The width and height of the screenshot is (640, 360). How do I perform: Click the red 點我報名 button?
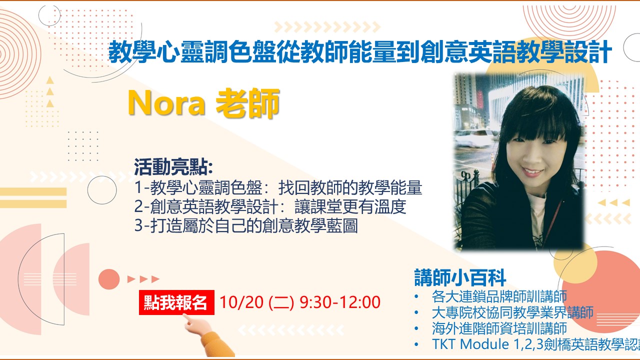tap(176, 302)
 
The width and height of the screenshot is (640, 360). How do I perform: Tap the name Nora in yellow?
tap(166, 103)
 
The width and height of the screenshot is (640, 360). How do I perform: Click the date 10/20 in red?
tap(241, 302)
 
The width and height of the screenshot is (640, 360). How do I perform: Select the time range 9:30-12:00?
tap(340, 302)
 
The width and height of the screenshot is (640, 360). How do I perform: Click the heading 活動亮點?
tap(173, 167)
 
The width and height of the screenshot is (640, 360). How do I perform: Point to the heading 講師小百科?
tap(460, 277)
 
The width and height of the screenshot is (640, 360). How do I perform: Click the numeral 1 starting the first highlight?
tap(138, 187)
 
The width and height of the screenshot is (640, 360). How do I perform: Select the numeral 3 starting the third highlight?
tap(138, 225)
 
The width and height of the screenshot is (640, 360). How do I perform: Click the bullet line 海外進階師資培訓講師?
tap(499, 328)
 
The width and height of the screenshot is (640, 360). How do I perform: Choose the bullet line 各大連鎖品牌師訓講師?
tap(499, 296)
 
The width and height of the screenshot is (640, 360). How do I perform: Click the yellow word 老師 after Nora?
tap(247, 103)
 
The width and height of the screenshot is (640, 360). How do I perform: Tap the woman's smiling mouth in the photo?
tap(532, 172)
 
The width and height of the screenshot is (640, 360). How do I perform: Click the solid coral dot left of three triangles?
tap(109, 279)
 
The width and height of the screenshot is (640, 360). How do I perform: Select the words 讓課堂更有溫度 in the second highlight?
tap(350, 206)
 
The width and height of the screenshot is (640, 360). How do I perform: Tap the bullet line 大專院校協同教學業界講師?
tap(513, 312)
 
